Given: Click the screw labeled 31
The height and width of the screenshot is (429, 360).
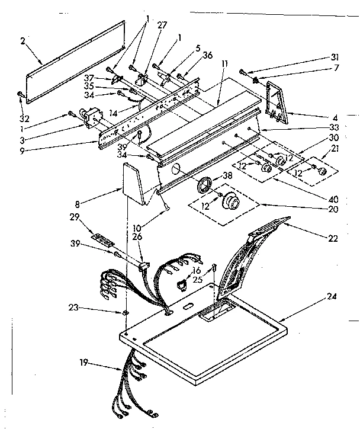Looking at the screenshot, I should point(244,72).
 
